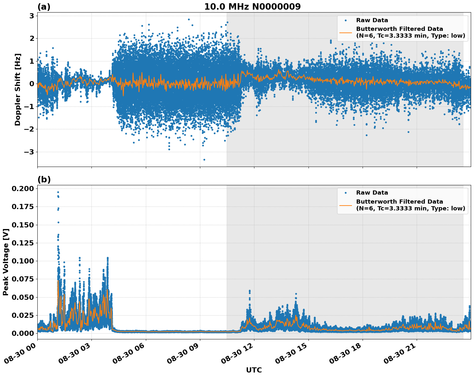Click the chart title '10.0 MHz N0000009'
tap(252, 7)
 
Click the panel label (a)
tap(44, 7)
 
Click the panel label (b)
tap(44, 179)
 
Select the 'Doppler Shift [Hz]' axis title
tap(18, 89)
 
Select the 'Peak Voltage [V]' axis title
tap(5, 262)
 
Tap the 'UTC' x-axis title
tap(254, 370)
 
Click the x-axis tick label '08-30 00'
tap(20, 355)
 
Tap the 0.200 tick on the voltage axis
tap(23, 188)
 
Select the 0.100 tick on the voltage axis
tap(23, 261)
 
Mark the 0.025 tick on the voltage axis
tap(23, 315)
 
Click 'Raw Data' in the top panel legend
tap(372, 20)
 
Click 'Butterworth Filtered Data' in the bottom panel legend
tap(399, 202)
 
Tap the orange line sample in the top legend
tap(346, 32)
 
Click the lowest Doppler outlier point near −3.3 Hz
tap(204, 160)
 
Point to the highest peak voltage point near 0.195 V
tap(58, 192)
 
